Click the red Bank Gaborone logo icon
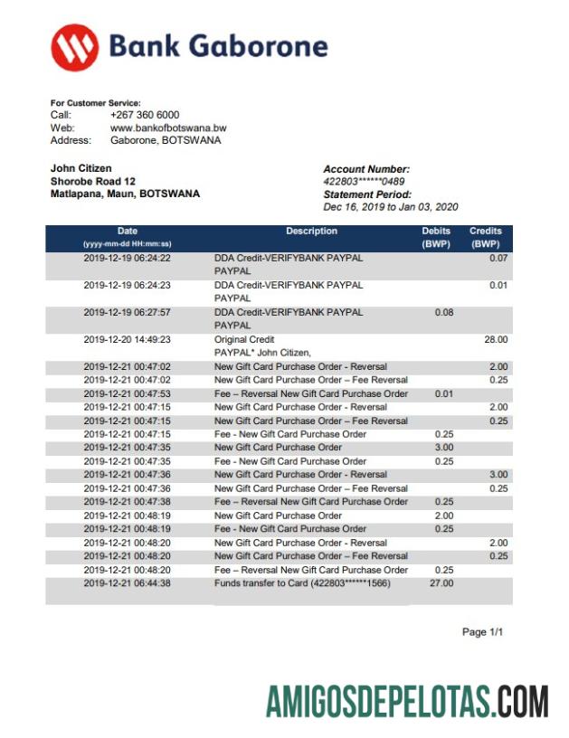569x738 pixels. pyautogui.click(x=75, y=47)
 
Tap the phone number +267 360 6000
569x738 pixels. pyautogui.click(x=145, y=115)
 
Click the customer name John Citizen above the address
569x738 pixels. pyautogui.click(x=81, y=168)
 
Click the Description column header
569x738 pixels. pyautogui.click(x=311, y=232)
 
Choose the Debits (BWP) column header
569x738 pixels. pyautogui.click(x=436, y=237)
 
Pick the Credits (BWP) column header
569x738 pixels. pyautogui.click(x=486, y=237)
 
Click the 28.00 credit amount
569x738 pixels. pyautogui.click(x=496, y=339)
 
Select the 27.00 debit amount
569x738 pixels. pyautogui.click(x=441, y=583)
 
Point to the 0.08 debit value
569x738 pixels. pyautogui.click(x=443, y=312)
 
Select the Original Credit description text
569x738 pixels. pyautogui.click(x=244, y=339)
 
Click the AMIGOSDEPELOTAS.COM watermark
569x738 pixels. pyautogui.click(x=407, y=701)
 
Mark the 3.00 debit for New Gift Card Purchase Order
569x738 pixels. pyautogui.click(x=443, y=448)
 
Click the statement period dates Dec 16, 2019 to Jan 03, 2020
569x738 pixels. pyautogui.click(x=391, y=207)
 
